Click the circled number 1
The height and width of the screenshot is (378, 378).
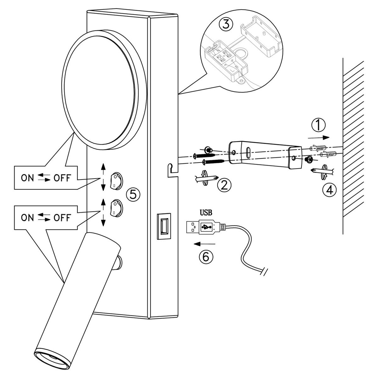point(318,125)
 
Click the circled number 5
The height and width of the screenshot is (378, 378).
point(133,195)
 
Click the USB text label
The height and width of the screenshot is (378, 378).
point(206,212)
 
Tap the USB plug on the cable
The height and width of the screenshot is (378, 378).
point(206,227)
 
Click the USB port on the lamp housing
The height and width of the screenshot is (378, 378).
point(164,226)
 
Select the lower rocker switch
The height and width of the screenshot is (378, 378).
point(116,208)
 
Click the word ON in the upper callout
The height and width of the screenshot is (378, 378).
point(27,178)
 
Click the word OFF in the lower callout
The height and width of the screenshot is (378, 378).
point(62,218)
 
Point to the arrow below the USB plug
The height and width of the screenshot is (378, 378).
point(204,244)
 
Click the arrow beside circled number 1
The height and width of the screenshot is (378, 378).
point(318,138)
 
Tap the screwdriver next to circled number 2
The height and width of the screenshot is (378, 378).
point(206,178)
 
